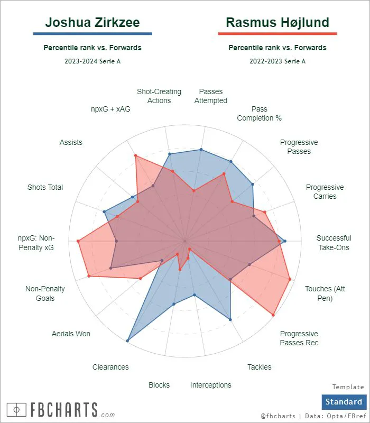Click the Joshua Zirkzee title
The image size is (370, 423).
[92, 22]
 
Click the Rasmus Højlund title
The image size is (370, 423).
[277, 22]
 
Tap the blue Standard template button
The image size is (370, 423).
[344, 402]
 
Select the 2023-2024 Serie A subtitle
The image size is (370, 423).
[92, 61]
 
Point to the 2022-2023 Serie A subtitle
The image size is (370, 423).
[277, 61]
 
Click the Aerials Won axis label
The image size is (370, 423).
[71, 334]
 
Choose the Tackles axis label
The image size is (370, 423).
[259, 367]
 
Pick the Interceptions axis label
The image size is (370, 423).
[210, 385]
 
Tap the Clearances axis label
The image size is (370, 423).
[110, 367]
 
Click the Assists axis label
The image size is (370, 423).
[71, 142]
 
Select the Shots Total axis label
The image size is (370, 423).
[45, 187]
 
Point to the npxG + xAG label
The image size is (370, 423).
[110, 109]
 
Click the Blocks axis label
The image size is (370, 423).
[159, 385]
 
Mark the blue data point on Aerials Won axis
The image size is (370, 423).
[127, 341]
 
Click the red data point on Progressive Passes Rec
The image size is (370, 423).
[273, 315]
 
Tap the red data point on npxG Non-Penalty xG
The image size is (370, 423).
[78, 241]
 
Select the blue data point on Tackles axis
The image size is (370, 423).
[230, 319]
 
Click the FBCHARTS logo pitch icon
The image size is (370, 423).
[16, 410]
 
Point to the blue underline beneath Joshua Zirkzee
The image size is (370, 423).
[92, 34]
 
